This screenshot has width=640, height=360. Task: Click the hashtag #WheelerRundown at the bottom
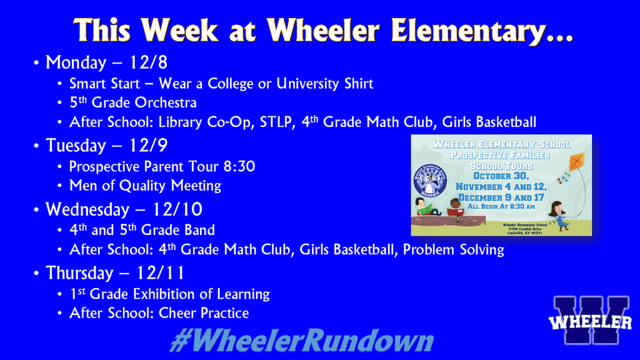(302, 341)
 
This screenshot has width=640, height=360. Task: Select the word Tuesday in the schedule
(76, 146)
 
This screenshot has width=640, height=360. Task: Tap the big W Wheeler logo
(589, 321)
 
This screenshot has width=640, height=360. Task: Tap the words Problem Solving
(453, 250)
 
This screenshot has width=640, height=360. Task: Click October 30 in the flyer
(501, 176)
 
